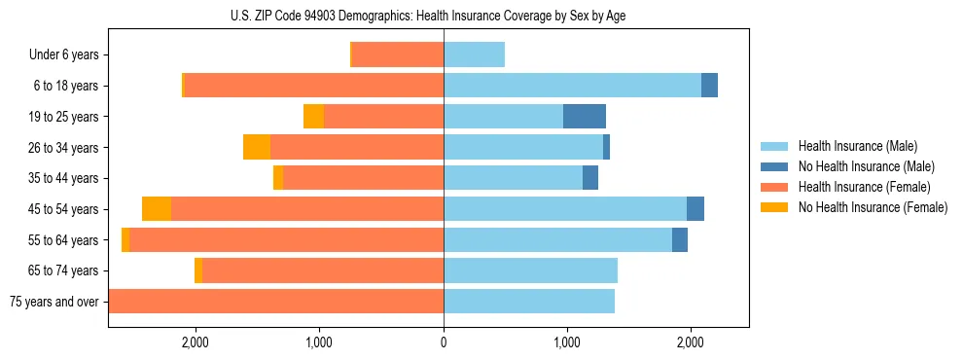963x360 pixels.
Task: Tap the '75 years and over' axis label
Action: tap(53, 302)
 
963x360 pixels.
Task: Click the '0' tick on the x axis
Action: tap(444, 342)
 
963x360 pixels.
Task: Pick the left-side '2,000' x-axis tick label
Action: tap(196, 342)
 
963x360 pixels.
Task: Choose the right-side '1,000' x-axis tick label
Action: tap(567, 342)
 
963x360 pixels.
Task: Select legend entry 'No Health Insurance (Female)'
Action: tap(873, 207)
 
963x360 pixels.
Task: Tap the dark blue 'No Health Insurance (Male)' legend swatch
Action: tap(774, 166)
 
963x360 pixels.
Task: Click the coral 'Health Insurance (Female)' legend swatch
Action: tap(774, 187)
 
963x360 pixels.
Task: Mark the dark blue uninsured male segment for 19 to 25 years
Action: tap(585, 117)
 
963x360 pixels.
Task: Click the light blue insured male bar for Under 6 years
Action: tap(474, 54)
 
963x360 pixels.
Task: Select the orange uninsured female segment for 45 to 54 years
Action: tap(157, 209)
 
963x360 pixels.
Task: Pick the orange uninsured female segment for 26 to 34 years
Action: tap(257, 147)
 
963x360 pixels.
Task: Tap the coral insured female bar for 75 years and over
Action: tap(276, 302)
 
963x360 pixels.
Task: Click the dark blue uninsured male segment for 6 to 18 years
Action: tap(709, 86)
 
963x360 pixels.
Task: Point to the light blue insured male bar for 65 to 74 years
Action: tap(530, 270)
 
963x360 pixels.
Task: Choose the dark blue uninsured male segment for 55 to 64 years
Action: tap(680, 239)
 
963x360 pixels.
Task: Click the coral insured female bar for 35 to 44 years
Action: tap(363, 178)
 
